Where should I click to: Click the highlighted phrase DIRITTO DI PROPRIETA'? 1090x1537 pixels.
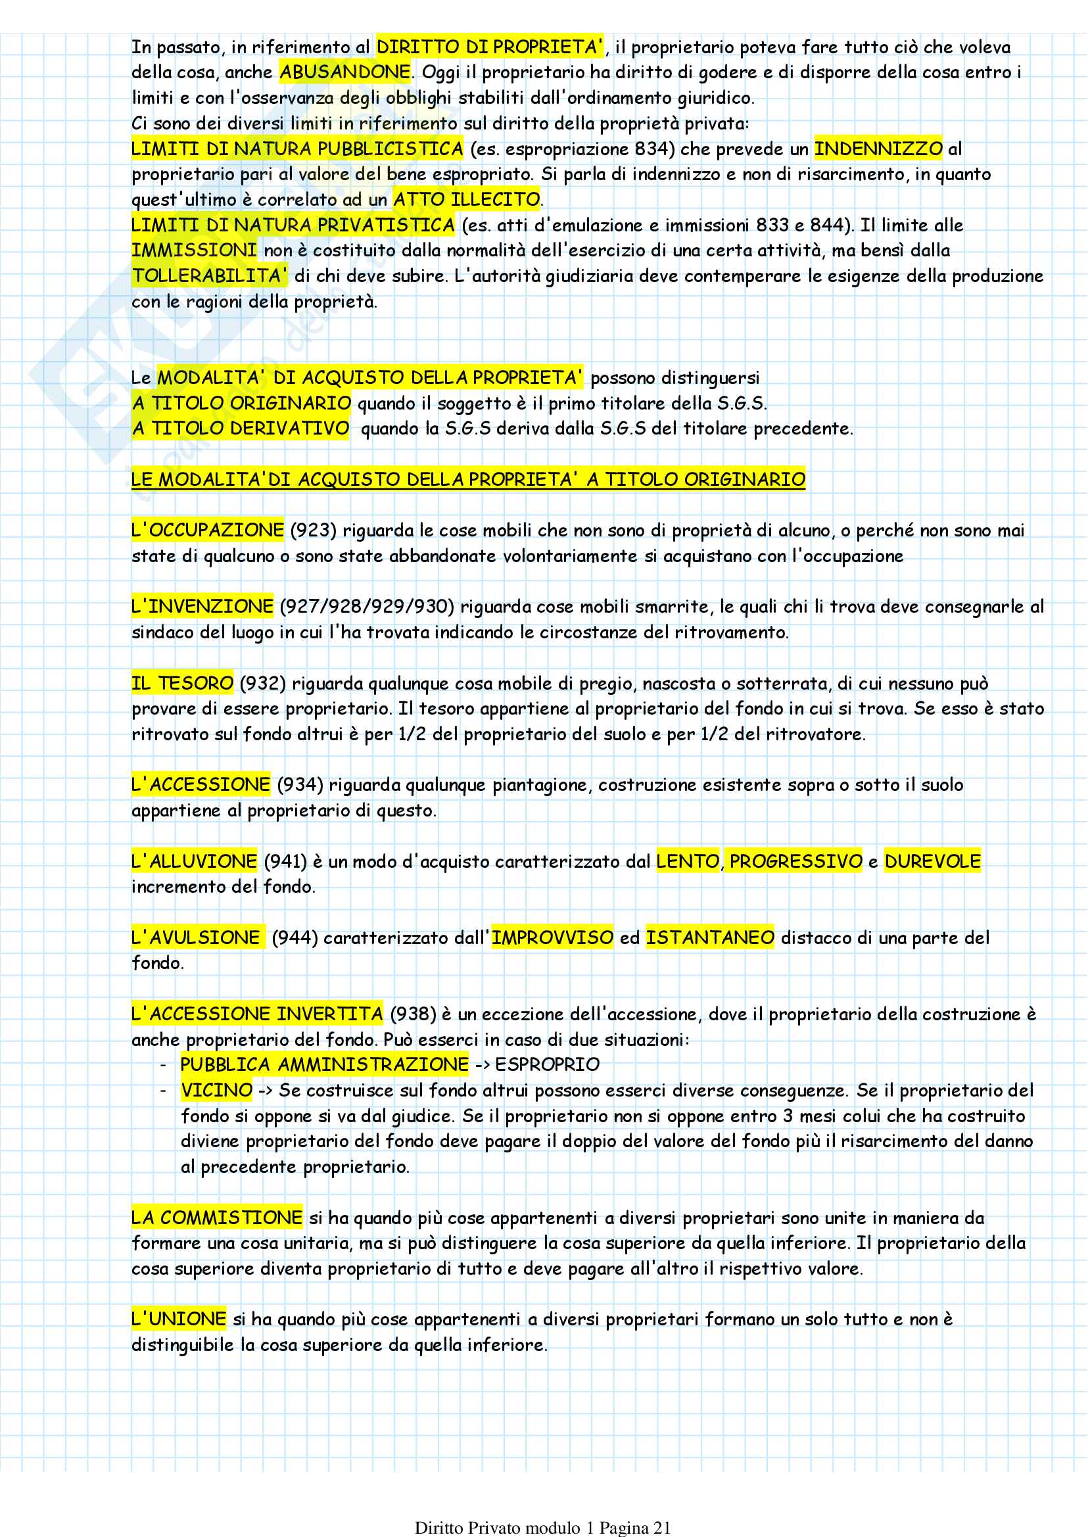(489, 47)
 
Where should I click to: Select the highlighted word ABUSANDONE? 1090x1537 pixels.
(345, 72)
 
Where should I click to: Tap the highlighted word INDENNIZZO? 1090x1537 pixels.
(878, 149)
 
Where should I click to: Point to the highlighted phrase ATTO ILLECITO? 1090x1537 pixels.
(467, 199)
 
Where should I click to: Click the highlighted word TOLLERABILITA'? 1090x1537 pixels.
(210, 276)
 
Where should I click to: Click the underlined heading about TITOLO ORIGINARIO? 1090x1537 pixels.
(468, 479)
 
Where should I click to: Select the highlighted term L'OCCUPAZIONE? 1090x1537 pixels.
(207, 531)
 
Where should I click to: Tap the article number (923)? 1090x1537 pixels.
(314, 531)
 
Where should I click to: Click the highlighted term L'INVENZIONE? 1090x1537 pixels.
(202, 607)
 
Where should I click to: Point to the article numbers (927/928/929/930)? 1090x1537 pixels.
(367, 607)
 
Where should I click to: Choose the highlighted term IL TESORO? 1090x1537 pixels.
(183, 683)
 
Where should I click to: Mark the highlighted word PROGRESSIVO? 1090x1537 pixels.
(795, 861)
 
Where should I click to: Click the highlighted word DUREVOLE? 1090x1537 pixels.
(932, 861)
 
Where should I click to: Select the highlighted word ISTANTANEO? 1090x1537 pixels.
(709, 937)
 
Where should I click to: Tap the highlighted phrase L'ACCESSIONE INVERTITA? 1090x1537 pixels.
(257, 1014)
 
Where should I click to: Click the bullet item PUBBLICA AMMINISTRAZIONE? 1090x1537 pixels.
(324, 1064)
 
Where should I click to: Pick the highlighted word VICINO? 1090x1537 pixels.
(216, 1090)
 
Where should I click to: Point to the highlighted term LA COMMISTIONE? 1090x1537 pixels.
(217, 1218)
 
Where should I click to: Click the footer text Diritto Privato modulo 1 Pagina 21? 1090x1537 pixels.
(543, 1528)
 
